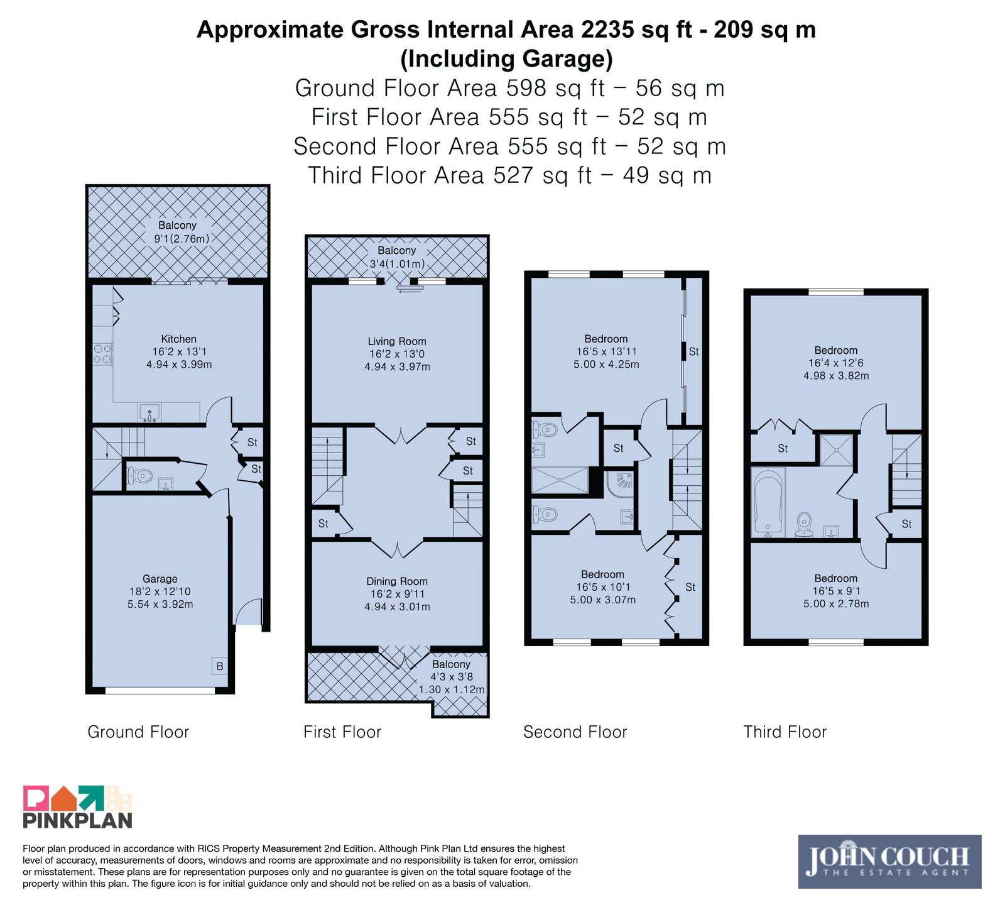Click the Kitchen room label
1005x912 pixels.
pos(178,339)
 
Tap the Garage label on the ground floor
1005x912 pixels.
pos(160,579)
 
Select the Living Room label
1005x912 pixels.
pos(397,341)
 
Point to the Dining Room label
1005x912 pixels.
pos(397,581)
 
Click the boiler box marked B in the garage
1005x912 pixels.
pos(219,666)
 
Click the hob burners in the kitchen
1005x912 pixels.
pos(103,354)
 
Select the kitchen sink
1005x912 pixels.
pos(149,412)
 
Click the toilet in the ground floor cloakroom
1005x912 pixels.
pos(139,476)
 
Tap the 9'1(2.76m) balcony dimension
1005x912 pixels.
pos(182,238)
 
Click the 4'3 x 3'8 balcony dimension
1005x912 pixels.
pos(451,677)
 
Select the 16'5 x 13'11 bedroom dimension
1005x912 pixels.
pos(606,351)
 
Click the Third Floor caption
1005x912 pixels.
pos(785,732)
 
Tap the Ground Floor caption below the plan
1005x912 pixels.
pos(138,732)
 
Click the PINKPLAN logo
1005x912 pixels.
pos(78,806)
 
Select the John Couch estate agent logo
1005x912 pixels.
pos(889,861)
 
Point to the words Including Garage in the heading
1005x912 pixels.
pos(506,58)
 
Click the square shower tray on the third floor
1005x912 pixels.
pos(837,449)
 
